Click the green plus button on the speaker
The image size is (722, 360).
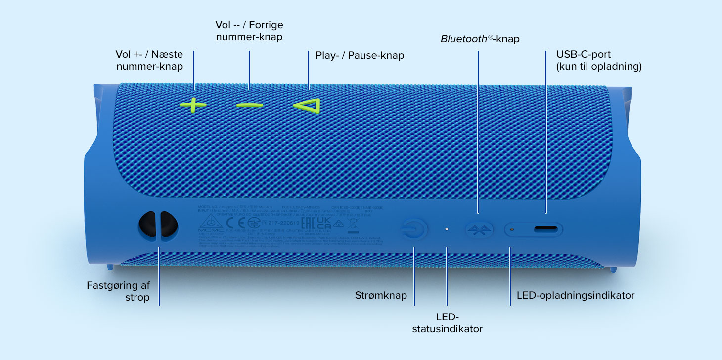[193, 105]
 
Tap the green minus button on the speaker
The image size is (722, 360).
[249, 105]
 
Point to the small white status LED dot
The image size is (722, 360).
[447, 229]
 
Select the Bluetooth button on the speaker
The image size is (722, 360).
[479, 229]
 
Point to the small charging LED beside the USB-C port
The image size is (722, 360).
[512, 229]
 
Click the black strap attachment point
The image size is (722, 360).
[158, 225]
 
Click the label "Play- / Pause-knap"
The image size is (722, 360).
[360, 55]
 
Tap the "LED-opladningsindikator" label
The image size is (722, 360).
[575, 296]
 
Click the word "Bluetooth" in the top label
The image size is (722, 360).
[464, 39]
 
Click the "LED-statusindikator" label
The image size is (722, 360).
[447, 322]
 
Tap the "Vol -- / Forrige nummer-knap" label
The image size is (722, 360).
[249, 31]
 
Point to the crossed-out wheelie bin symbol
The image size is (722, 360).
[352, 225]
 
